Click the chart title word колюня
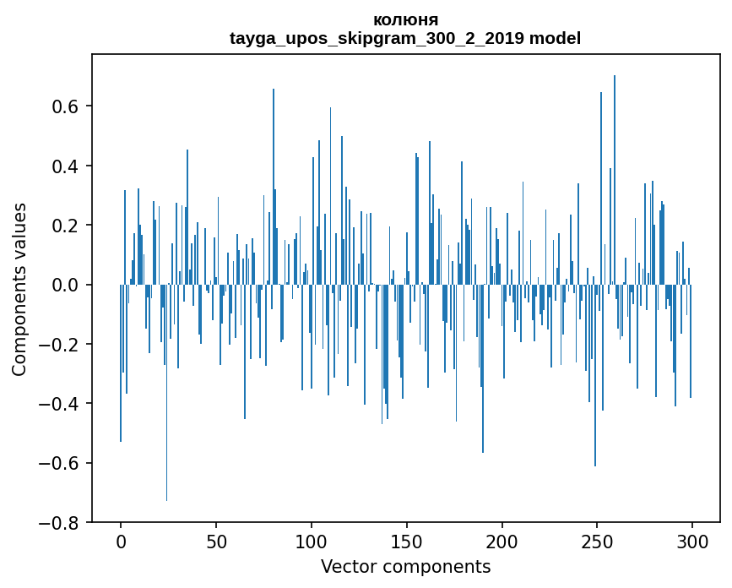[x=405, y=20]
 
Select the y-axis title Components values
[x=19, y=289]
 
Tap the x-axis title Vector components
[x=405, y=566]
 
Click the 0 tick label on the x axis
[x=121, y=542]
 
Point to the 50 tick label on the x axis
[x=216, y=542]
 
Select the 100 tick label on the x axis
[x=312, y=542]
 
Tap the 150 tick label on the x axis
[x=407, y=542]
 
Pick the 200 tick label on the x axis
[x=502, y=542]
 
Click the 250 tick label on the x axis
[x=597, y=542]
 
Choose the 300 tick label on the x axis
[x=692, y=542]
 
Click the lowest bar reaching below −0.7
[x=166, y=473]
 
